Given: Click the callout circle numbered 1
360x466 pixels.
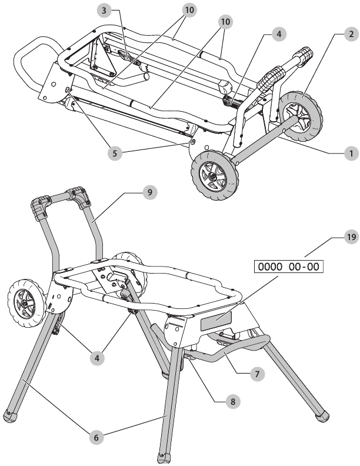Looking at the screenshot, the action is tap(351, 154).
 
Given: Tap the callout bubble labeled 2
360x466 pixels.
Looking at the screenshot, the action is tap(351, 34).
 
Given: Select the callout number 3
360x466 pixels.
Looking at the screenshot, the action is tap(104, 11).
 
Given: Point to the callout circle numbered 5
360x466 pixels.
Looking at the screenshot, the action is tap(115, 153).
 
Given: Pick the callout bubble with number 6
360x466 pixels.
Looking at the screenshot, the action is tap(96, 437).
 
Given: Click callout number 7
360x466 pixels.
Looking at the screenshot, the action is tap(257, 374).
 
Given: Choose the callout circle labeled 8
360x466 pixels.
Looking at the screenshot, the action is tap(232, 401).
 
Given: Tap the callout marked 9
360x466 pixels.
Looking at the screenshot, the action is tap(149, 192).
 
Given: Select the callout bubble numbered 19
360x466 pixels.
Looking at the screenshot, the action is tap(351, 237).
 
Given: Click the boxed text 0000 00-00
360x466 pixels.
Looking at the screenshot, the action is tap(288, 267).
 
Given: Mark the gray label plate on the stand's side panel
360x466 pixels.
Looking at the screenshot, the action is tap(216, 322).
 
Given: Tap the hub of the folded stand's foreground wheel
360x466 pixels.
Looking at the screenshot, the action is tap(213, 177).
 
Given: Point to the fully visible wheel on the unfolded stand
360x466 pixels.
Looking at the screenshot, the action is tap(26, 303).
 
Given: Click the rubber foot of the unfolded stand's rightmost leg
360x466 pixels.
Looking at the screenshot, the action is tap(322, 416).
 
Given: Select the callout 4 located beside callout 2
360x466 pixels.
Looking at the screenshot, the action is tap(279, 34).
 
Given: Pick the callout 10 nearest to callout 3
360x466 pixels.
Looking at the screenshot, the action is tap(189, 10).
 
